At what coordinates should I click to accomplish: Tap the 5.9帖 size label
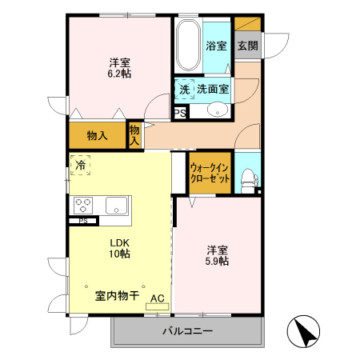[217, 261]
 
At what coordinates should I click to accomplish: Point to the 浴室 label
[216, 46]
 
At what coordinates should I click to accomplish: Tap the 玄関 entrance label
[247, 46]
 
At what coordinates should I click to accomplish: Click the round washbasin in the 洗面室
[216, 110]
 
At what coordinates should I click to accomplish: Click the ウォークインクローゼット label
[210, 173]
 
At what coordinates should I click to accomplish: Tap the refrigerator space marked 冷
[80, 165]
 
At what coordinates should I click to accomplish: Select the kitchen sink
[117, 205]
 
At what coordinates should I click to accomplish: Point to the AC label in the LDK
[157, 296]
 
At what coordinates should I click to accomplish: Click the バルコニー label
[188, 330]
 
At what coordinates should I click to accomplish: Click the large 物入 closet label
[98, 135]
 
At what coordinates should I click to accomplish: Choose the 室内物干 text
[117, 296]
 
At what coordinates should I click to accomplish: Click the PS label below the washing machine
[181, 113]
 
